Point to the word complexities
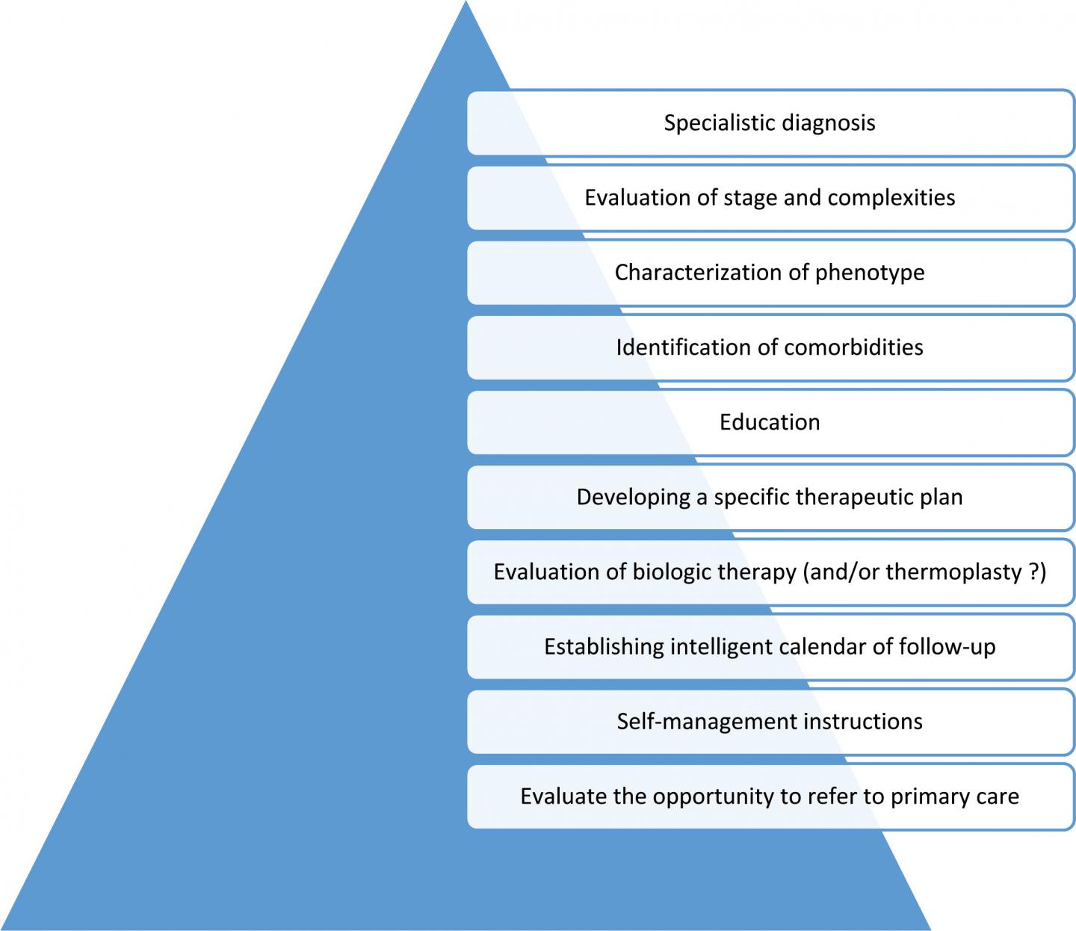[x=891, y=198]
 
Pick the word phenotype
[x=870, y=273]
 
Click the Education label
[x=770, y=422]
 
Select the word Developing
[x=634, y=497]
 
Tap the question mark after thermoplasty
[x=1033, y=572]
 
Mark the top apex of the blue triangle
[x=465, y=3]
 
